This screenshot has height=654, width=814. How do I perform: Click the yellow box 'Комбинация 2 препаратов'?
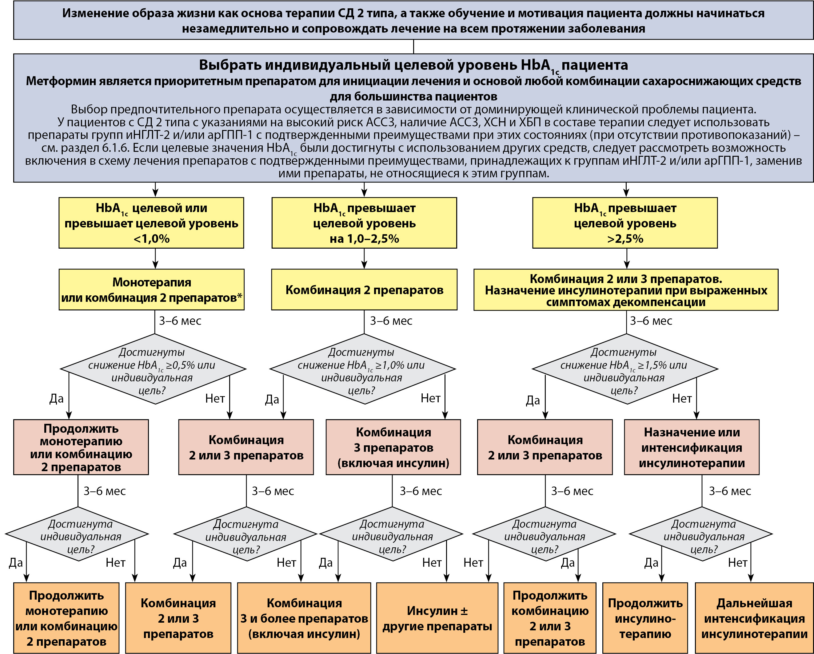364,290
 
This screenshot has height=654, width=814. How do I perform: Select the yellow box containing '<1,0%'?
151,223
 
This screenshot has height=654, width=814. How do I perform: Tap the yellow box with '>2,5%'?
625,223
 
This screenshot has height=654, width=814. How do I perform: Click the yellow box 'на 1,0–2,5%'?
364,223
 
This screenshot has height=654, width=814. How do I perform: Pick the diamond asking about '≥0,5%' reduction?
153,369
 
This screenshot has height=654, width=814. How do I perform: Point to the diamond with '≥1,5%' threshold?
625,369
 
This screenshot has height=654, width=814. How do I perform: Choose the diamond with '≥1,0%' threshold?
362,369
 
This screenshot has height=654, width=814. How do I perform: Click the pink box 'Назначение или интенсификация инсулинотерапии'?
692,447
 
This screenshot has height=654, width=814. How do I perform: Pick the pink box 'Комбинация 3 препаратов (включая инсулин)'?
393,447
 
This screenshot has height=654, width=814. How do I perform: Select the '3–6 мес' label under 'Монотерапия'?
180,321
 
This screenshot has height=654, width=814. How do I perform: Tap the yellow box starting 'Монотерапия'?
151,290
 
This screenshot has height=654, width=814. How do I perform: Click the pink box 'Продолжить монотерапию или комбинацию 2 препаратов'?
81,447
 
